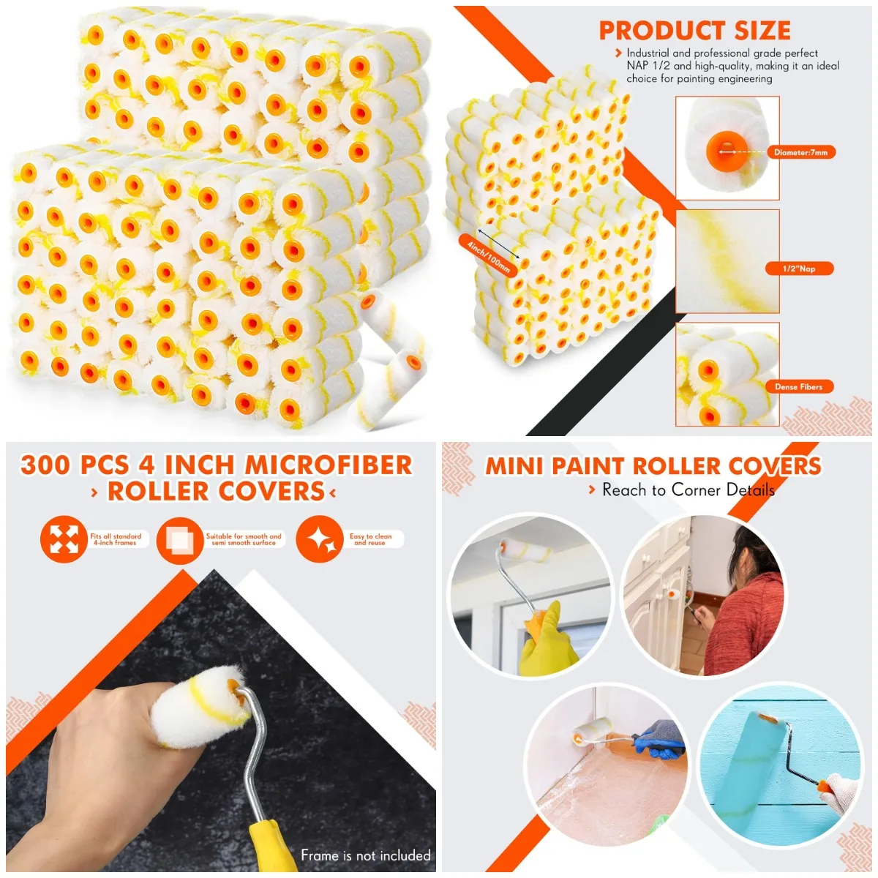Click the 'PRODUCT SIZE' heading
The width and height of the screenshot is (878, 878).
click(x=694, y=31)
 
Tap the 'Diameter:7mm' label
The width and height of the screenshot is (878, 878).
click(x=800, y=152)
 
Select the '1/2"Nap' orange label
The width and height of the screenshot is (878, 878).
click(x=799, y=269)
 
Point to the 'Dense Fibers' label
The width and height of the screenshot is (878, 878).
click(x=798, y=386)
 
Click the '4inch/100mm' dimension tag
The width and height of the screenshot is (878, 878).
click(x=488, y=255)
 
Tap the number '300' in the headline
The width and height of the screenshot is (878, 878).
click(x=46, y=465)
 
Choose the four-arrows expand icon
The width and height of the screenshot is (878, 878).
click(x=63, y=539)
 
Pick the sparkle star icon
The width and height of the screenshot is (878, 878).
click(x=320, y=539)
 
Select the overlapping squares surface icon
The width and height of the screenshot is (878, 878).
click(x=179, y=539)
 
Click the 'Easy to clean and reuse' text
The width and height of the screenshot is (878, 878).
click(x=370, y=539)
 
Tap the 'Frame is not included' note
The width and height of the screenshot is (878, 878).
click(x=365, y=855)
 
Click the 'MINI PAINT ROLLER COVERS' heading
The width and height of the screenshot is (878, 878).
click(x=653, y=466)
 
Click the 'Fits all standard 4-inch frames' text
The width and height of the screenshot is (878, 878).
click(x=116, y=539)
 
